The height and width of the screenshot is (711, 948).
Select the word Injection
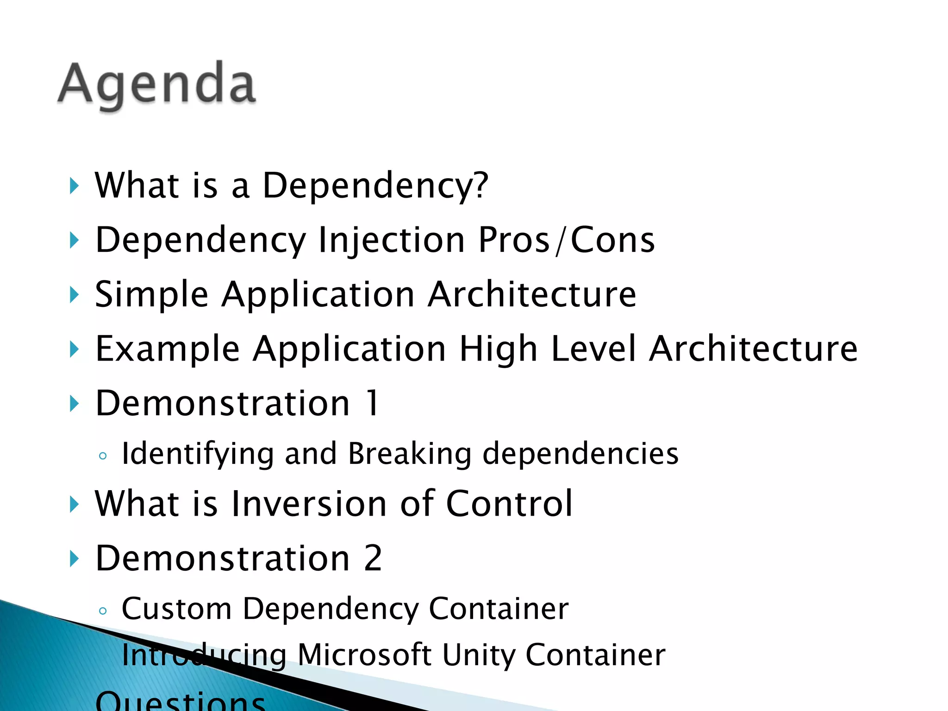[392, 241]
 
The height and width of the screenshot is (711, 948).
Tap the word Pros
[514, 240]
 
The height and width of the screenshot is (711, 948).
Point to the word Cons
[612, 240]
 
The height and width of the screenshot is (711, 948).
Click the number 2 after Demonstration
[373, 558]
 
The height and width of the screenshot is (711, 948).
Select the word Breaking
[409, 454]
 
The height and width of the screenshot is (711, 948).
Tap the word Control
[509, 504]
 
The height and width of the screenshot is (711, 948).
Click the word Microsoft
[364, 655]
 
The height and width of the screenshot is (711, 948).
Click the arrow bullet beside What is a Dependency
[74, 186]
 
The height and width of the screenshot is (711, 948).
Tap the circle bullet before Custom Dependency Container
[103, 611]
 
